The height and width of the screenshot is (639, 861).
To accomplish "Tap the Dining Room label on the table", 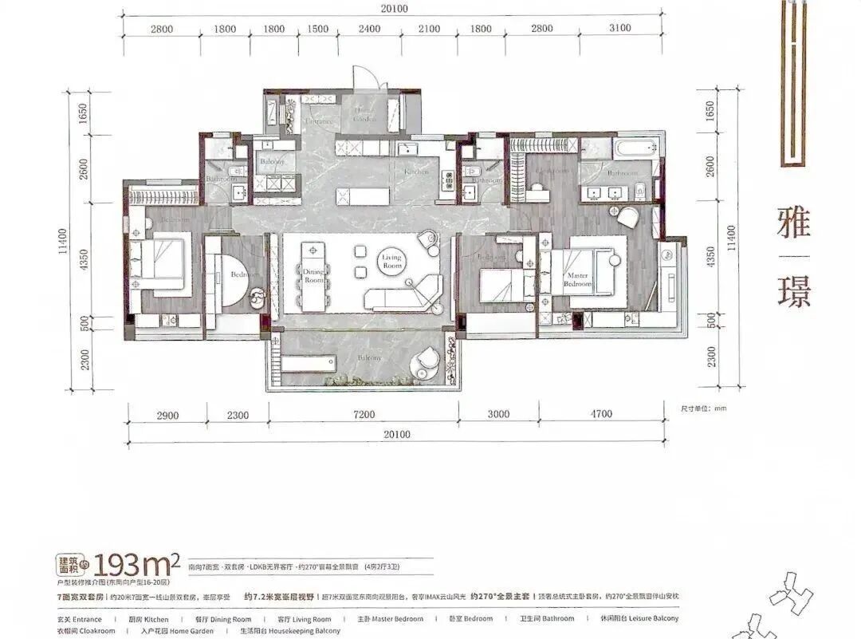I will tap(313, 276).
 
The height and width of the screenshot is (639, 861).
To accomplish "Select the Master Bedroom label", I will tap(578, 279).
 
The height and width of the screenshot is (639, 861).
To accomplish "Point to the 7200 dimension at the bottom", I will tap(364, 414).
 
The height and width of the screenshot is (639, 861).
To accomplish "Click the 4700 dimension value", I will tap(601, 414).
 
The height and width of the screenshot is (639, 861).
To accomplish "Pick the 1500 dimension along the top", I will tap(317, 29).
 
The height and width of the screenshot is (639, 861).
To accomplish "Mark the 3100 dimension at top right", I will tap(619, 29).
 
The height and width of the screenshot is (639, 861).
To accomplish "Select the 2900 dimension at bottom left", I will tap(167, 414).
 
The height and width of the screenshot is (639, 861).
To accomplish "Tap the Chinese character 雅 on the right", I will tap(793, 222).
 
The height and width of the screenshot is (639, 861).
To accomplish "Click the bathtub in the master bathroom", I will tap(634, 148).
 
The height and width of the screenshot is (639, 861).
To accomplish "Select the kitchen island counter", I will tap(363, 195).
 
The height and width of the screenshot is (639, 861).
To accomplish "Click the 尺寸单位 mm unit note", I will tap(704, 408).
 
